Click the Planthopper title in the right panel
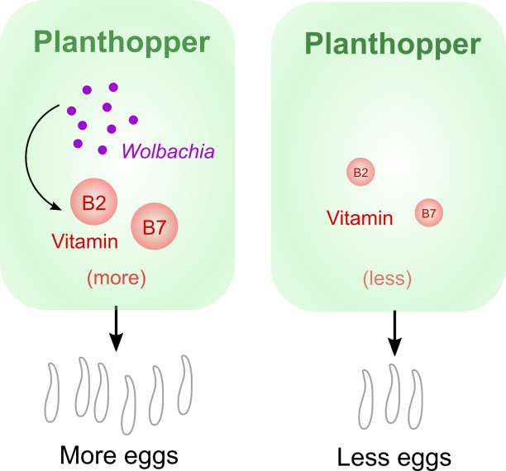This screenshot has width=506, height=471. (x=392, y=44)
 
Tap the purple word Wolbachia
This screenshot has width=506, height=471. (x=168, y=152)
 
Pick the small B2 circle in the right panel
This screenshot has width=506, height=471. (x=360, y=173)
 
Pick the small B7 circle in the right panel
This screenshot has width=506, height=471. (x=428, y=214)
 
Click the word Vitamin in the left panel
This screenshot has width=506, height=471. (x=84, y=242)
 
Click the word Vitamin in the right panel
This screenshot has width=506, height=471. (x=360, y=218)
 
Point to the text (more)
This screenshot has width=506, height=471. (x=117, y=278)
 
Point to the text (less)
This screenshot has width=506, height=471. (x=387, y=278)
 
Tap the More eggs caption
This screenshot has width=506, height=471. (x=118, y=454)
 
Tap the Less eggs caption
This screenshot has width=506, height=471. (x=394, y=457)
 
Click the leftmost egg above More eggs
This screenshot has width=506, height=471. (x=52, y=389)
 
